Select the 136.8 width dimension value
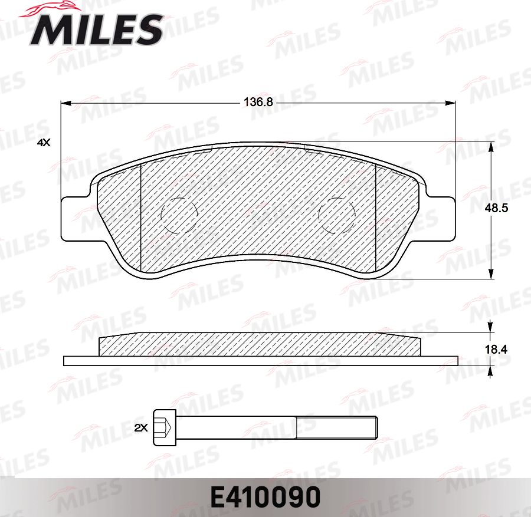258,102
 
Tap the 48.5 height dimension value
496,209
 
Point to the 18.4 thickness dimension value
496,350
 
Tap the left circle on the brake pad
179,215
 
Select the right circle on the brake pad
336,215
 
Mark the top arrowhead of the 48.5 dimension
491,146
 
